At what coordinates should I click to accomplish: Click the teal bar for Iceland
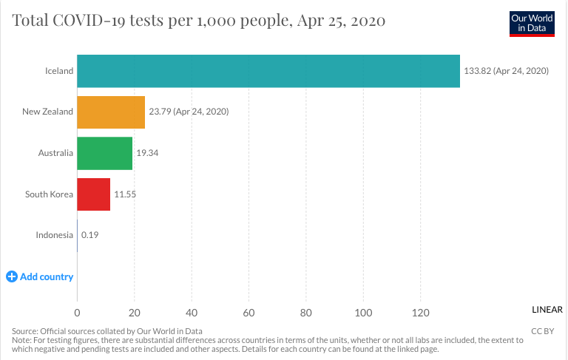268,71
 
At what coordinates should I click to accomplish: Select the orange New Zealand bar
111,112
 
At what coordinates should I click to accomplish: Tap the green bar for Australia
104,153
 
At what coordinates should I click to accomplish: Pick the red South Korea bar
93,194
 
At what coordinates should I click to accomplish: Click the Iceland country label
59,71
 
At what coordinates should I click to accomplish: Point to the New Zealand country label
47,112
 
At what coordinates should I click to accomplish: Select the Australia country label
55,153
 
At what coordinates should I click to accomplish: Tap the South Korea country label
49,194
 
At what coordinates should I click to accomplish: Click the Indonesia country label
54,235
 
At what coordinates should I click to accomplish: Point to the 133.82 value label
506,71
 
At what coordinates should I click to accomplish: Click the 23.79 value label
189,112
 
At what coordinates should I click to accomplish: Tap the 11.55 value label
125,194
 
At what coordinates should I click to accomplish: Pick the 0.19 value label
90,235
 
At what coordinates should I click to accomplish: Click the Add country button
40,276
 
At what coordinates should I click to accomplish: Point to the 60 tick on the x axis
248,312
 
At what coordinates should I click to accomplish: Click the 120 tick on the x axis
420,312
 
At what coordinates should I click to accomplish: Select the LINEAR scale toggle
547,310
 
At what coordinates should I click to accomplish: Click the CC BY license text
542,330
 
